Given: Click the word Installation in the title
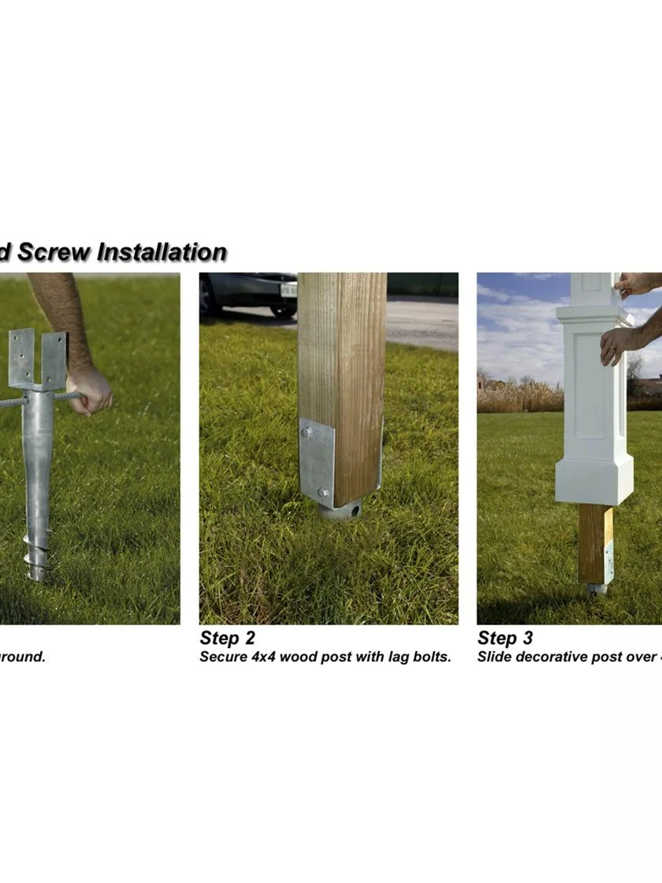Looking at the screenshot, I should [162, 252].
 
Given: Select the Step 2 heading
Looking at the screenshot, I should [227, 638].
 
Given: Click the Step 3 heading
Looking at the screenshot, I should [504, 638].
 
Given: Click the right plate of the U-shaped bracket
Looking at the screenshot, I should [54, 359].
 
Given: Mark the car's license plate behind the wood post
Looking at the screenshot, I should [288, 289].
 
